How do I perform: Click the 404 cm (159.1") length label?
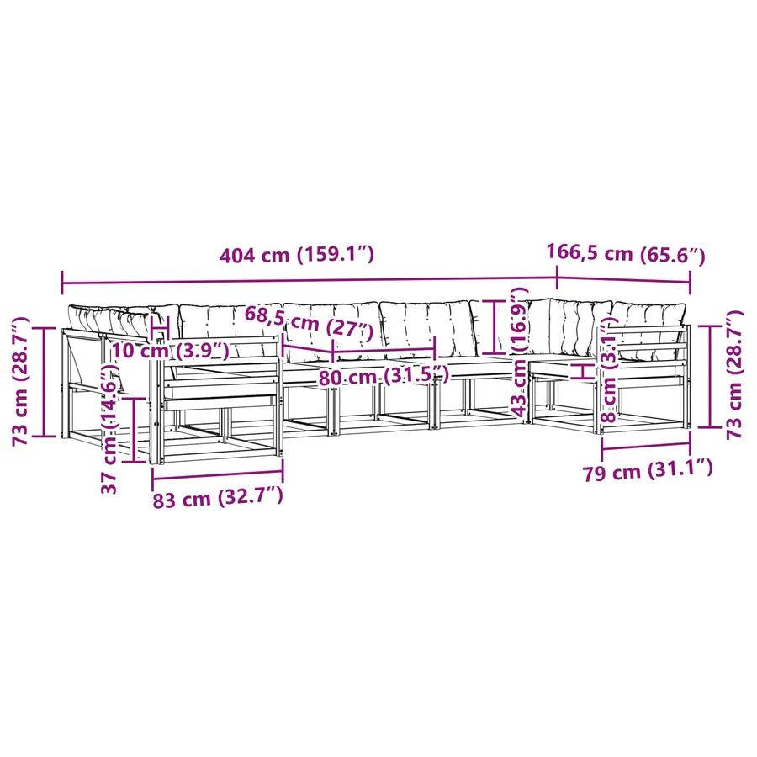[x=296, y=254]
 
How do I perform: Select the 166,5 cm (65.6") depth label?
[x=625, y=254]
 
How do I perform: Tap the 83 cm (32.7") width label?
[x=218, y=498]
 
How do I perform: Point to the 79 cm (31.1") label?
[x=648, y=470]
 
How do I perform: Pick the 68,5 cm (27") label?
[x=309, y=322]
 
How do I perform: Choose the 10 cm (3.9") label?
[x=171, y=350]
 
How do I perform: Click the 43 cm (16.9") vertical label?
[x=519, y=352]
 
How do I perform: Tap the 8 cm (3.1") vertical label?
[x=611, y=368]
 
